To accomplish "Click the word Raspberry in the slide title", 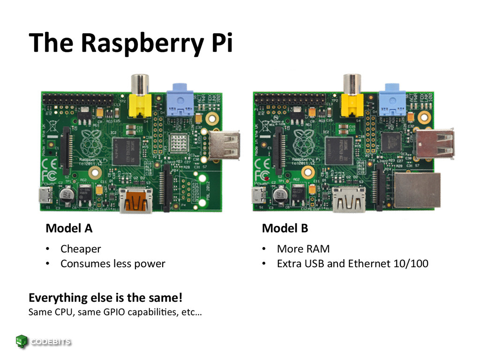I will pyautogui.click(x=140, y=43).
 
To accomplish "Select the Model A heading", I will pyautogui.click(x=69, y=228).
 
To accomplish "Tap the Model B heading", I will pyautogui.click(x=285, y=228).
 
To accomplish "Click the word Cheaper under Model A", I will pyautogui.click(x=81, y=249).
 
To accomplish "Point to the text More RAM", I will pyautogui.click(x=303, y=249).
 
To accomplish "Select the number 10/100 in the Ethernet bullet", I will pyautogui.click(x=412, y=263).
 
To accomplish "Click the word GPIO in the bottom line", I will pyautogui.click(x=122, y=312).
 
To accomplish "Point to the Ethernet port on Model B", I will pyautogui.click(x=417, y=190).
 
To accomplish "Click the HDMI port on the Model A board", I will pyautogui.click(x=135, y=200).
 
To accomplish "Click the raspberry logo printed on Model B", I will pyautogui.click(x=303, y=141).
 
